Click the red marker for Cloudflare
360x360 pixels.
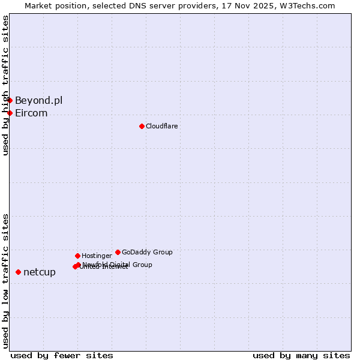pos(142,126)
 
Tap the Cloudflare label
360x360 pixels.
pos(161,126)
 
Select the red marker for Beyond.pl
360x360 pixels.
pos(10,100)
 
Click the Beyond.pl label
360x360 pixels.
pos(38,100)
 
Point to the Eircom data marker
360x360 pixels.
pos(10,113)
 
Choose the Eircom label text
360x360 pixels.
pos(31,113)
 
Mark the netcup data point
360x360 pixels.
pos(18,272)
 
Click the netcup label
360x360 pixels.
pos(40,272)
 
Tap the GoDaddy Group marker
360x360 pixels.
pos(118,252)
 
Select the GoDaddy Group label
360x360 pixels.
pos(147,252)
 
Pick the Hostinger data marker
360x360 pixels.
pos(77,256)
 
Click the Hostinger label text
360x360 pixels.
pos(97,256)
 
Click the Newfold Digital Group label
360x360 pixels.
pos(118,265)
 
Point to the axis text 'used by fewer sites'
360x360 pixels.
pos(62,355)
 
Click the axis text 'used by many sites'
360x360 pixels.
pos(301,355)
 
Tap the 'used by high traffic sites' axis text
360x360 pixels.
pos(6,85)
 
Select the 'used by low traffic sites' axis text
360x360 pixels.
pos(6,280)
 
